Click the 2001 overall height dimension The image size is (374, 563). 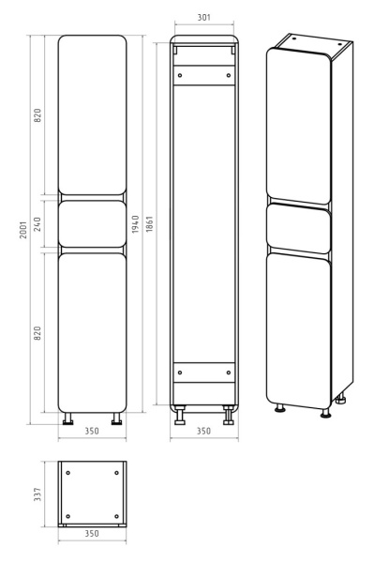click(23, 230)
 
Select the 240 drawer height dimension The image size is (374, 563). click(37, 223)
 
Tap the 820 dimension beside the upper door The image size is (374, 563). click(37, 114)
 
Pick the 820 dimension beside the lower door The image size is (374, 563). click(37, 333)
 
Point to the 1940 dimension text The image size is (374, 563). click(135, 224)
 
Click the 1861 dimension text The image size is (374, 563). click(150, 223)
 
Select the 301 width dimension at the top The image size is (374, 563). click(204, 17)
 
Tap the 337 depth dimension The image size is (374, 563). click(37, 495)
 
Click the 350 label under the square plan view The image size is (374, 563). click(92, 534)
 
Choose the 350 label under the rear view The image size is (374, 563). click(203, 431)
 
